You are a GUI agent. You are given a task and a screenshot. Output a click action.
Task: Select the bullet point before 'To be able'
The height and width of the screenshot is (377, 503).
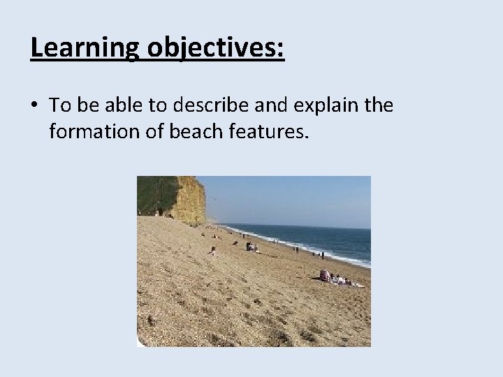tap(34, 106)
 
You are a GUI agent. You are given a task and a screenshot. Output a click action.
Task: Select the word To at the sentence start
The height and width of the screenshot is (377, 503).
tap(59, 105)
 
